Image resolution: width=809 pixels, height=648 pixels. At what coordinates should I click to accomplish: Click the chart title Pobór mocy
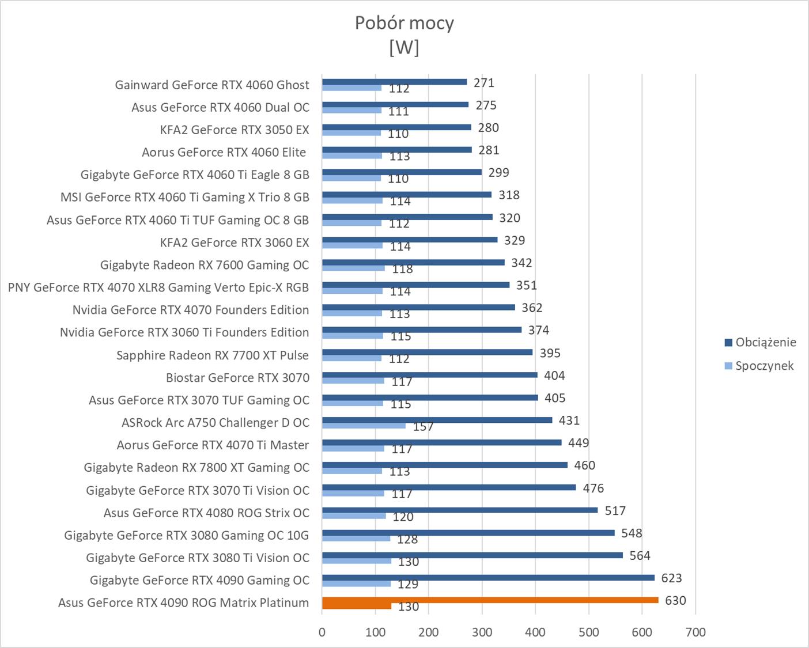(x=404, y=23)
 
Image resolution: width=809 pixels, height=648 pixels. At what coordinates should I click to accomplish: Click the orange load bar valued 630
(x=490, y=600)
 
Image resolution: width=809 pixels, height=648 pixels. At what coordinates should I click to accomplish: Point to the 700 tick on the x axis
(x=695, y=632)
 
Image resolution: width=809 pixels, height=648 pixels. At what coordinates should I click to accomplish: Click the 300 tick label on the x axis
(x=482, y=632)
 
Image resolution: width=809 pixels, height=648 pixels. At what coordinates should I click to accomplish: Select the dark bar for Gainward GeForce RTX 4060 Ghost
(x=394, y=82)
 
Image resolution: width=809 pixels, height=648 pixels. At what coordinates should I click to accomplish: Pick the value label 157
(x=423, y=427)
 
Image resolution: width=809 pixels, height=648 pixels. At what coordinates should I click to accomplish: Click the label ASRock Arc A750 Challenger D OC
(x=215, y=423)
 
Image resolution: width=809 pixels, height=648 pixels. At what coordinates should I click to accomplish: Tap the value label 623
(x=671, y=578)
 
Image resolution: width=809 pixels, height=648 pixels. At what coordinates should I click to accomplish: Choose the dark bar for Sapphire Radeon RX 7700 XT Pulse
(x=427, y=352)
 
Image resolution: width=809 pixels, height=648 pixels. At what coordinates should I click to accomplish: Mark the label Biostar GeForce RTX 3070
(x=237, y=378)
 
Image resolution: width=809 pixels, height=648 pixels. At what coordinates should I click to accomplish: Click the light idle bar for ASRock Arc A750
(x=364, y=426)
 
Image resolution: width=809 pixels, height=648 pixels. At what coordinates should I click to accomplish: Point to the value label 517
(x=615, y=510)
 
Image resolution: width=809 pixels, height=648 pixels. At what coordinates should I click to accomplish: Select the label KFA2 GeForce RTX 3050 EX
(x=235, y=130)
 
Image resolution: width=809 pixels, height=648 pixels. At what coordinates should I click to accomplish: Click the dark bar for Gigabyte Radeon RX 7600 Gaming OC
(x=413, y=262)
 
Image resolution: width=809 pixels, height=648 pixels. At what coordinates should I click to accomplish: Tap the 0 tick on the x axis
(x=322, y=632)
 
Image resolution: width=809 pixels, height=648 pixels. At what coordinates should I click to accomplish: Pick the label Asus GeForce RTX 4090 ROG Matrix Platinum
(x=183, y=603)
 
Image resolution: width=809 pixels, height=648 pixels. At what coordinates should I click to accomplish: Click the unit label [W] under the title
(x=404, y=47)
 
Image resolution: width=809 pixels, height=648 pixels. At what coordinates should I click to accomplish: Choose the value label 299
(x=498, y=172)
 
